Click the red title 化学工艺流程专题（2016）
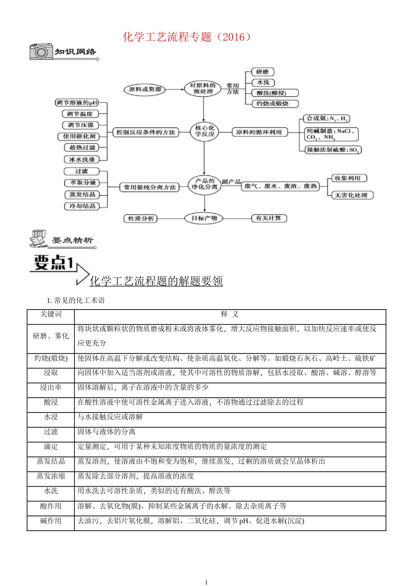pyautogui.click(x=187, y=37)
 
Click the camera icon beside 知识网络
pyautogui.click(x=41, y=52)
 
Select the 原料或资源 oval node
pyautogui.click(x=145, y=89)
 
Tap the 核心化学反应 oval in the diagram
pyautogui.click(x=204, y=131)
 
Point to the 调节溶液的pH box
pyautogui.click(x=77, y=103)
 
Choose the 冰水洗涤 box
pyautogui.click(x=82, y=160)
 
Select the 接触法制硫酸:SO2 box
pyautogui.click(x=333, y=150)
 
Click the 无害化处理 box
pyautogui.click(x=351, y=195)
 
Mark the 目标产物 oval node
pyautogui.click(x=204, y=218)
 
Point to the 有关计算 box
pyautogui.click(x=268, y=218)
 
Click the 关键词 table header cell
pyautogui.click(x=51, y=314)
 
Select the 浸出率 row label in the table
pyautogui.click(x=51, y=388)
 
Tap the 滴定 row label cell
pyautogui.click(x=51, y=446)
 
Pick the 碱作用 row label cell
pyautogui.click(x=51, y=521)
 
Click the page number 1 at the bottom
pyautogui.click(x=207, y=582)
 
